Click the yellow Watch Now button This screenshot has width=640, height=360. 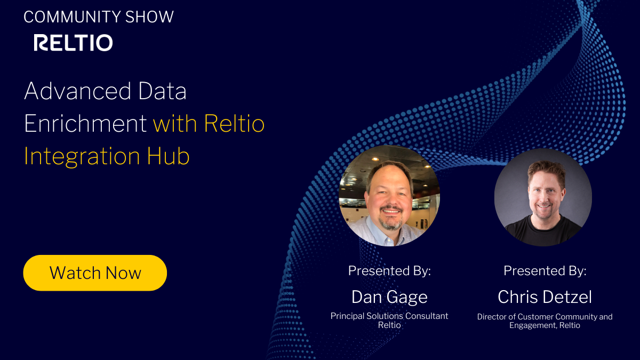[x=95, y=273]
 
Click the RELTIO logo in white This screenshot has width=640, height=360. [x=73, y=43]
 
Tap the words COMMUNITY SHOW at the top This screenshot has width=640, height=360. [x=99, y=17]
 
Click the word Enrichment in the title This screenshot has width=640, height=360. [x=85, y=124]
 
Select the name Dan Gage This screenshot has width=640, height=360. [x=389, y=297]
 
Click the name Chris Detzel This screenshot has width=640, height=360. [x=545, y=297]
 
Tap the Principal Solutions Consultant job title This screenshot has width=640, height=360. [x=389, y=316]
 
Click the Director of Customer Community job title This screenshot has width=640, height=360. [x=545, y=317]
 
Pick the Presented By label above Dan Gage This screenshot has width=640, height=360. [x=389, y=270]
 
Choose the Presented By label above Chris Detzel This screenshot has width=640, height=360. [x=545, y=270]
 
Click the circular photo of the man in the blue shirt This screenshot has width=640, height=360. [x=389, y=196]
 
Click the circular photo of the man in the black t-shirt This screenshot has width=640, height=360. [x=543, y=197]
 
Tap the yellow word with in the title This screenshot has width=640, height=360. [x=174, y=124]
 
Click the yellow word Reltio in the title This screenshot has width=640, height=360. [x=234, y=124]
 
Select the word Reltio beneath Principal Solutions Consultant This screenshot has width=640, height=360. [x=389, y=325]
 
